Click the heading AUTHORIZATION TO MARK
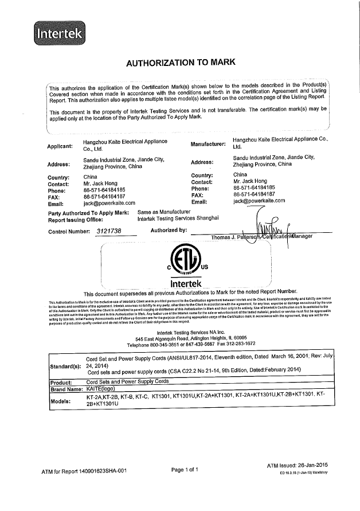coord(180,61)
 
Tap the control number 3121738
coord(107,231)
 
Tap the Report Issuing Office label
coord(75,220)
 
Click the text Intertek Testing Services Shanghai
coord(178,219)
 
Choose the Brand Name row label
coord(66,389)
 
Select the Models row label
coord(64,401)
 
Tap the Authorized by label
coord(169,231)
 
